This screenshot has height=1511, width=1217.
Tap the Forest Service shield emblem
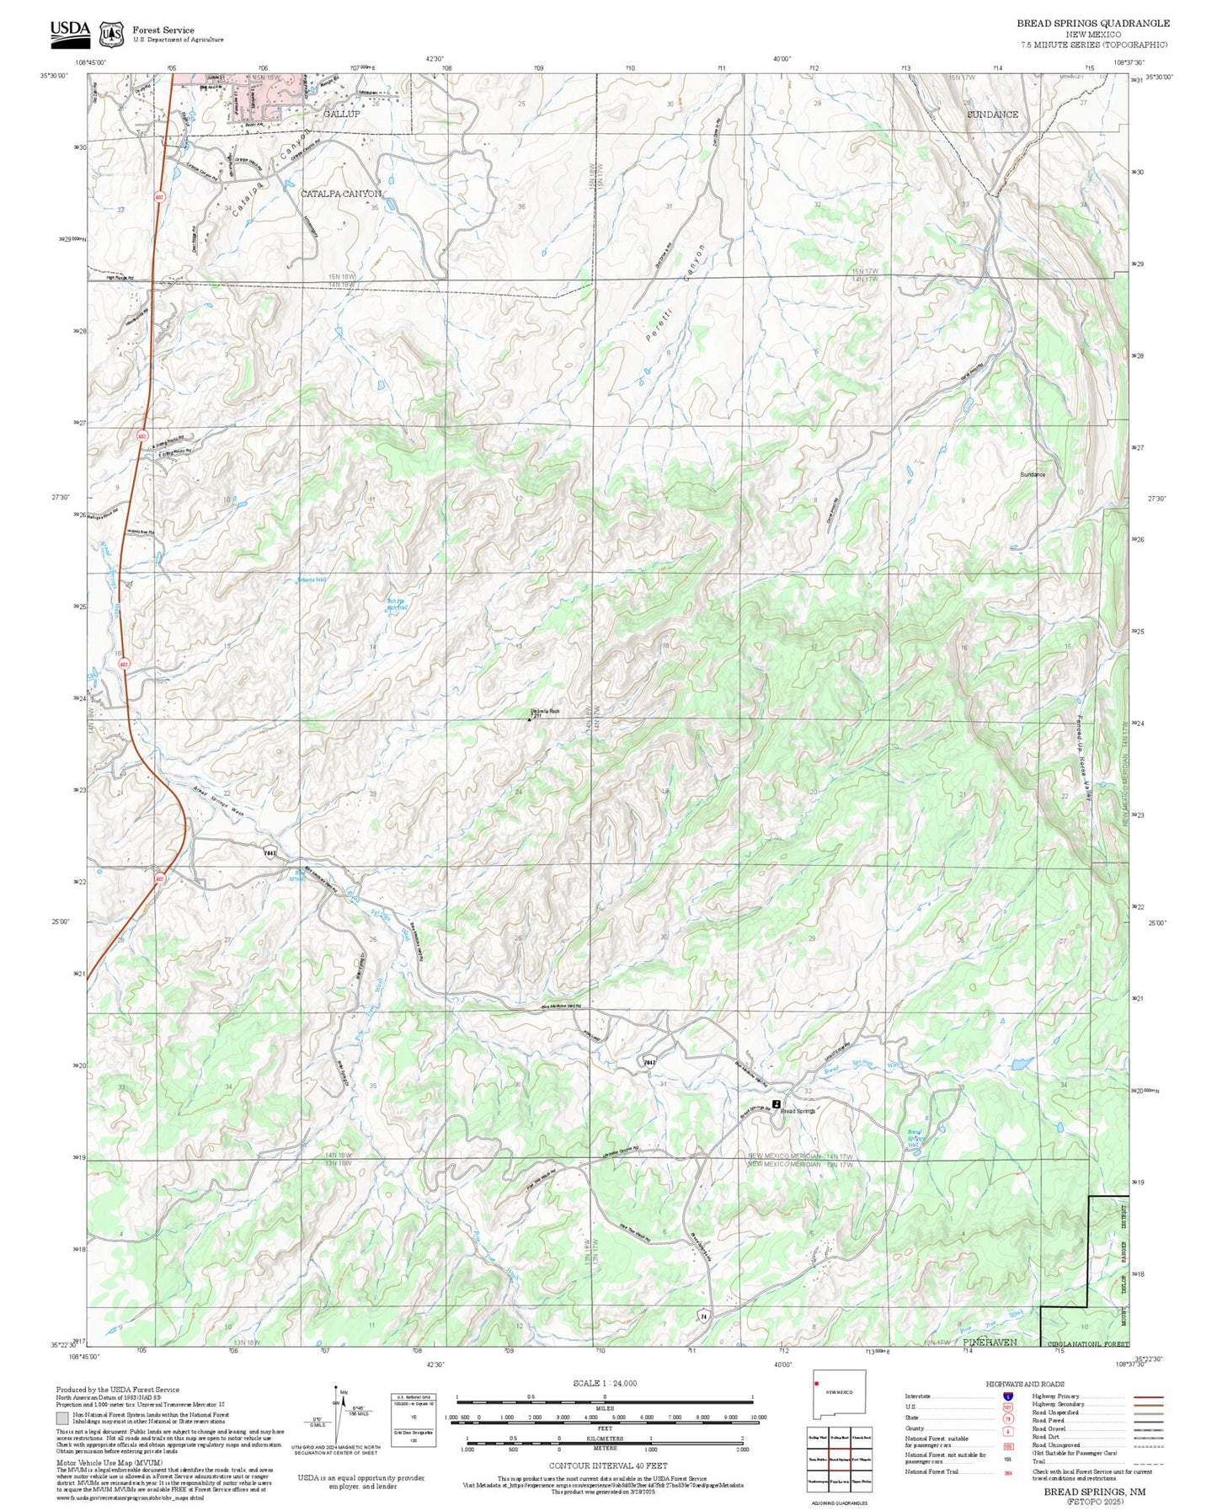point(110,35)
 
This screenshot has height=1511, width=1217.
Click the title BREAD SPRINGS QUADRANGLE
point(1092,24)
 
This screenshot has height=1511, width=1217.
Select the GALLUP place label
point(341,114)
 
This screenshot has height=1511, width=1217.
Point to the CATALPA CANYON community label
point(341,194)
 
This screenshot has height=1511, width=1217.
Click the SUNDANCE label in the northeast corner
point(992,115)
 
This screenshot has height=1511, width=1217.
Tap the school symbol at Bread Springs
point(776,1103)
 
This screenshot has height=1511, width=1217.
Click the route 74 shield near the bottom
point(702,1315)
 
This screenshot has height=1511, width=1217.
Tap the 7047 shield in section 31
point(649,1062)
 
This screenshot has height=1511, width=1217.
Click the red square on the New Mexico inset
point(816,1406)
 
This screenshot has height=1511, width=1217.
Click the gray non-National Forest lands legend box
point(62,1418)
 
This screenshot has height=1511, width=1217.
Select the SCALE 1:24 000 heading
point(604,1383)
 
